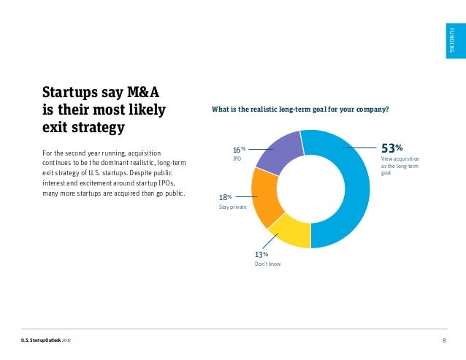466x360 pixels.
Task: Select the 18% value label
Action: [x=225, y=197]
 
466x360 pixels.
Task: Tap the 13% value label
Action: [x=261, y=254]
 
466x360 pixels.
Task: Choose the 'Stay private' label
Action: [x=233, y=207]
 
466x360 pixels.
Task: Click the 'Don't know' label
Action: [x=267, y=264]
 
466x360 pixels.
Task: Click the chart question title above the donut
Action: [x=299, y=110]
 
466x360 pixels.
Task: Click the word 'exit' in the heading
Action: [x=59, y=129]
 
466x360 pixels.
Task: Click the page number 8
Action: [x=444, y=341]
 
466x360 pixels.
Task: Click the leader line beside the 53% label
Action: [x=359, y=147]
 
